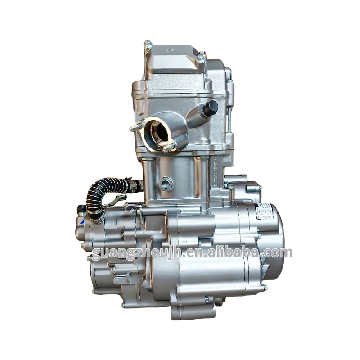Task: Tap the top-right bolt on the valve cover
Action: [x=201, y=57]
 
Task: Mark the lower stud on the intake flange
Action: [x=169, y=147]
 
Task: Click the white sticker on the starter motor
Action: [x=264, y=211]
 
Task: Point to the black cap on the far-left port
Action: [x=81, y=210]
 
